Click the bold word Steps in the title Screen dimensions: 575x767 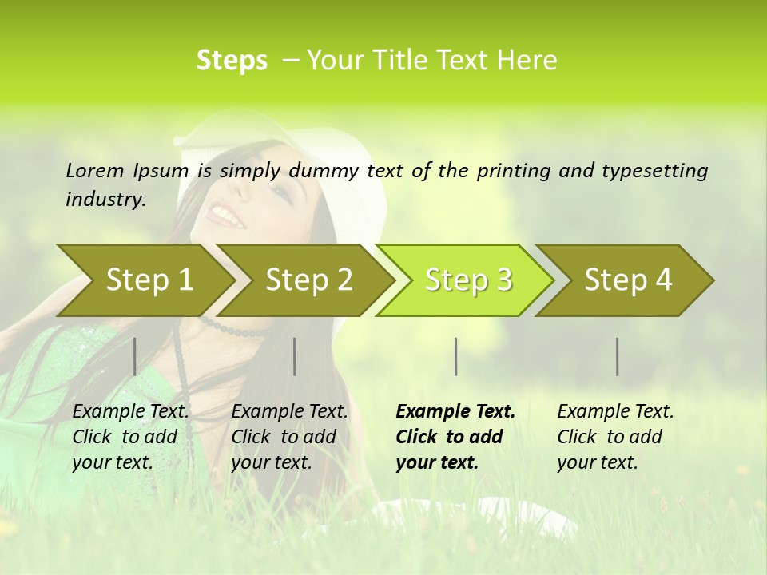tap(232, 61)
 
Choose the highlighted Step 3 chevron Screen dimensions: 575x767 tap(468, 280)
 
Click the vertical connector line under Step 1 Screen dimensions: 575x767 tap(134, 356)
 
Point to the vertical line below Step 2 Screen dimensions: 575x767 tap(295, 356)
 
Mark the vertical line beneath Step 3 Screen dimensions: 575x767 tap(455, 356)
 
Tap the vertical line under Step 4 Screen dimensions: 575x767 tap(617, 356)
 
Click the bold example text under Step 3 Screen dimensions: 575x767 tap(455, 437)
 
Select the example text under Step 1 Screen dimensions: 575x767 tap(130, 437)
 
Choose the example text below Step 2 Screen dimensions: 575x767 tap(289, 437)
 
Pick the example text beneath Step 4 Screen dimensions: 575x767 tap(615, 437)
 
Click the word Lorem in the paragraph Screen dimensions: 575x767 tap(95, 170)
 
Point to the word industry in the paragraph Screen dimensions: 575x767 tap(105, 200)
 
